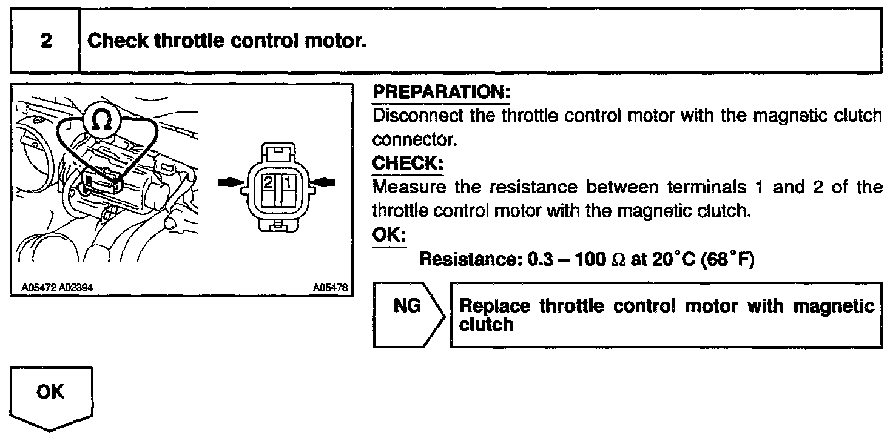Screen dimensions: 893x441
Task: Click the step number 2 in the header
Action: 45,41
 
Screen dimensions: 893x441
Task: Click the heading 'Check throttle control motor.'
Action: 227,41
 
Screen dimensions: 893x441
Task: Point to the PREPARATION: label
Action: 441,93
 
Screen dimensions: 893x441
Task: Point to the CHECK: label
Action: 405,164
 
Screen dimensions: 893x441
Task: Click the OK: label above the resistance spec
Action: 389,235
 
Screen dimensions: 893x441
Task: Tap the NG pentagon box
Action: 408,307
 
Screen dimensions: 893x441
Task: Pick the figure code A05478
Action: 331,288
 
